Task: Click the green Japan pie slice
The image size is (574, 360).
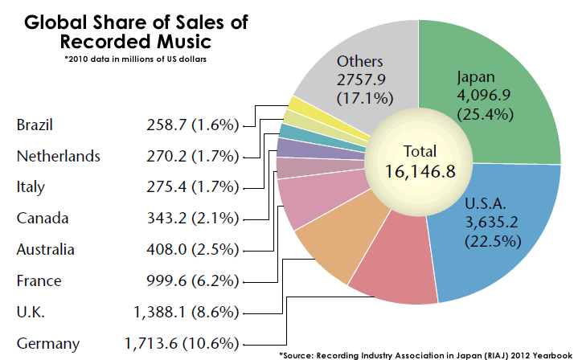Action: click(498, 88)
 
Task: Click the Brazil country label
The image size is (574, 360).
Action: click(35, 125)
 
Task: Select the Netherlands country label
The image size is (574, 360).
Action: click(58, 157)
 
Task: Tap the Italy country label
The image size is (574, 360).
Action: click(31, 187)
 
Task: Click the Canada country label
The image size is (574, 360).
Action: click(43, 219)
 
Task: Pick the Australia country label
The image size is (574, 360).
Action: click(46, 249)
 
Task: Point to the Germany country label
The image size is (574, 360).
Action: click(48, 343)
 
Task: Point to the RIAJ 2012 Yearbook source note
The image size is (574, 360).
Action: click(425, 354)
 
